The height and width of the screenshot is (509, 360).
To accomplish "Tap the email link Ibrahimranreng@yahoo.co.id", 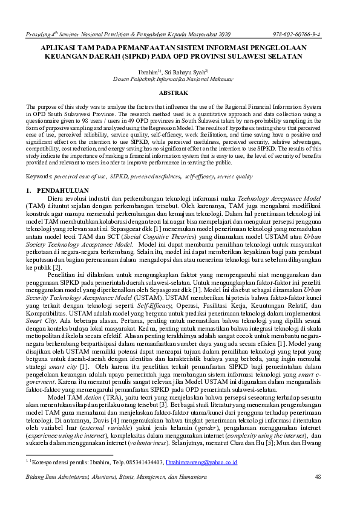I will tap(201, 462).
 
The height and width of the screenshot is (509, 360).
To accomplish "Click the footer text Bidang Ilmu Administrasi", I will tap(58, 478).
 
